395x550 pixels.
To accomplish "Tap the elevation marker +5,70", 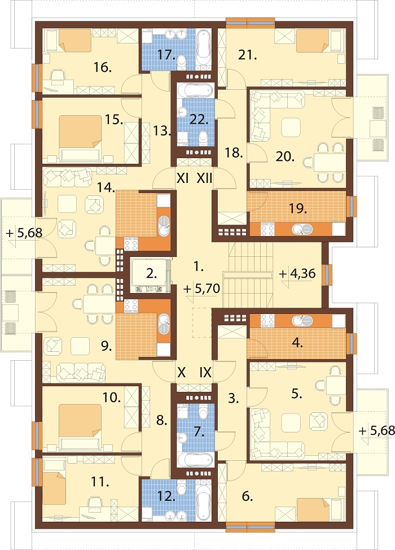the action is point(201,289).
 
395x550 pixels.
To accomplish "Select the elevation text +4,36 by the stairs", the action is point(297,273).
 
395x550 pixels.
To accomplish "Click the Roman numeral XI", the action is point(183,178).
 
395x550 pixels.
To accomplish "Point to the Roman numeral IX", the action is point(205,372).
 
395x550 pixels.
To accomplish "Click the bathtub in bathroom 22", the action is point(195,90).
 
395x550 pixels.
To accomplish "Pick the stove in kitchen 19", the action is point(267,229).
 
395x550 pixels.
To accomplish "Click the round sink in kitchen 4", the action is point(301,321).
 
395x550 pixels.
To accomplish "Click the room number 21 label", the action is point(248,55).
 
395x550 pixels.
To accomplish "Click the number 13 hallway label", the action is point(162,131).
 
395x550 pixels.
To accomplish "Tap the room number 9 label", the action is point(107,347).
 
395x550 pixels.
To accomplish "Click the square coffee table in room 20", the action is point(291,127).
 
